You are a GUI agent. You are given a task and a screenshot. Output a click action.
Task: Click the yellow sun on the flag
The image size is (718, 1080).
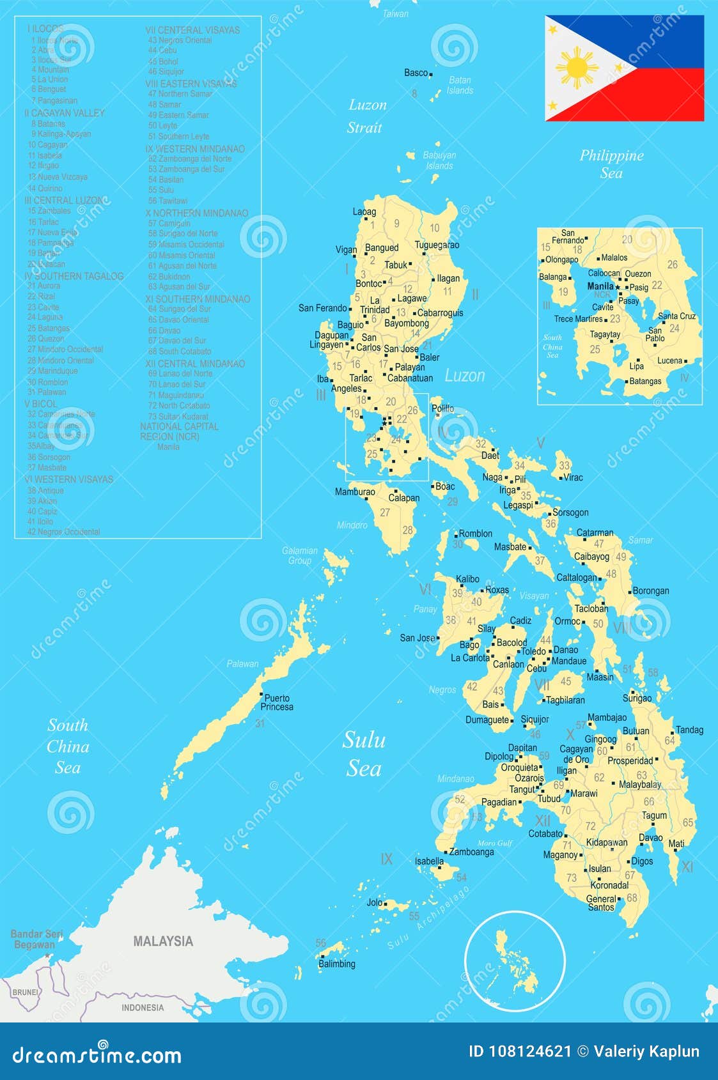577,68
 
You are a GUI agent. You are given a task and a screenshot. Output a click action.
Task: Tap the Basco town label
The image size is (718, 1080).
416,73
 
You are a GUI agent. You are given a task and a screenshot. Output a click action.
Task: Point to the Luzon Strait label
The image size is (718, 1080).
366,116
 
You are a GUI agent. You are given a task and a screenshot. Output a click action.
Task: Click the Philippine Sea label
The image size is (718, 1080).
611,164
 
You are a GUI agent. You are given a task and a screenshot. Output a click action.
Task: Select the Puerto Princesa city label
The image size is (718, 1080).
277,702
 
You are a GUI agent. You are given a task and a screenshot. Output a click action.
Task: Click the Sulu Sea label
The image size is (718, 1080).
364,753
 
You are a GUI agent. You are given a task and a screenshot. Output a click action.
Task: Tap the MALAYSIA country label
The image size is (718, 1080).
162,941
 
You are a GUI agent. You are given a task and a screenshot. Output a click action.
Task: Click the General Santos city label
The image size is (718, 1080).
601,903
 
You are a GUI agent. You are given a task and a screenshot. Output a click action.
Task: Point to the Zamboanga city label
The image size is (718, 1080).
471,851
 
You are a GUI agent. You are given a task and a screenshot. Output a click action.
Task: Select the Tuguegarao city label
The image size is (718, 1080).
437,245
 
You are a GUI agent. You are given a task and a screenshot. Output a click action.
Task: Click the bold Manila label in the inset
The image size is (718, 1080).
600,286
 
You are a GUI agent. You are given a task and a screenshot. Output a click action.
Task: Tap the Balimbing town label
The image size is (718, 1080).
337,964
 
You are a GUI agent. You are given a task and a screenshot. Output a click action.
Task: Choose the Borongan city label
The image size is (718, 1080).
651,590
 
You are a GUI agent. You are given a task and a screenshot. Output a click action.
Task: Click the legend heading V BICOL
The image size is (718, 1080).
41,404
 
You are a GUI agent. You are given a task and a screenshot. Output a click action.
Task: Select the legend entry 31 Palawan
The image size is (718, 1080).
47,392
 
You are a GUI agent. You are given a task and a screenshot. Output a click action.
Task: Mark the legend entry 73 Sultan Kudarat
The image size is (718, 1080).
178,416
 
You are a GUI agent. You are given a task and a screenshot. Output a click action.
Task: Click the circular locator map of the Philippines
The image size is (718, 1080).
515,960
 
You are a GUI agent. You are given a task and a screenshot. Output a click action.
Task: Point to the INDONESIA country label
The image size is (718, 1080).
143,1007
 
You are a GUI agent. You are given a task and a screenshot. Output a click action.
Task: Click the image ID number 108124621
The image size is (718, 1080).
529,1051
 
